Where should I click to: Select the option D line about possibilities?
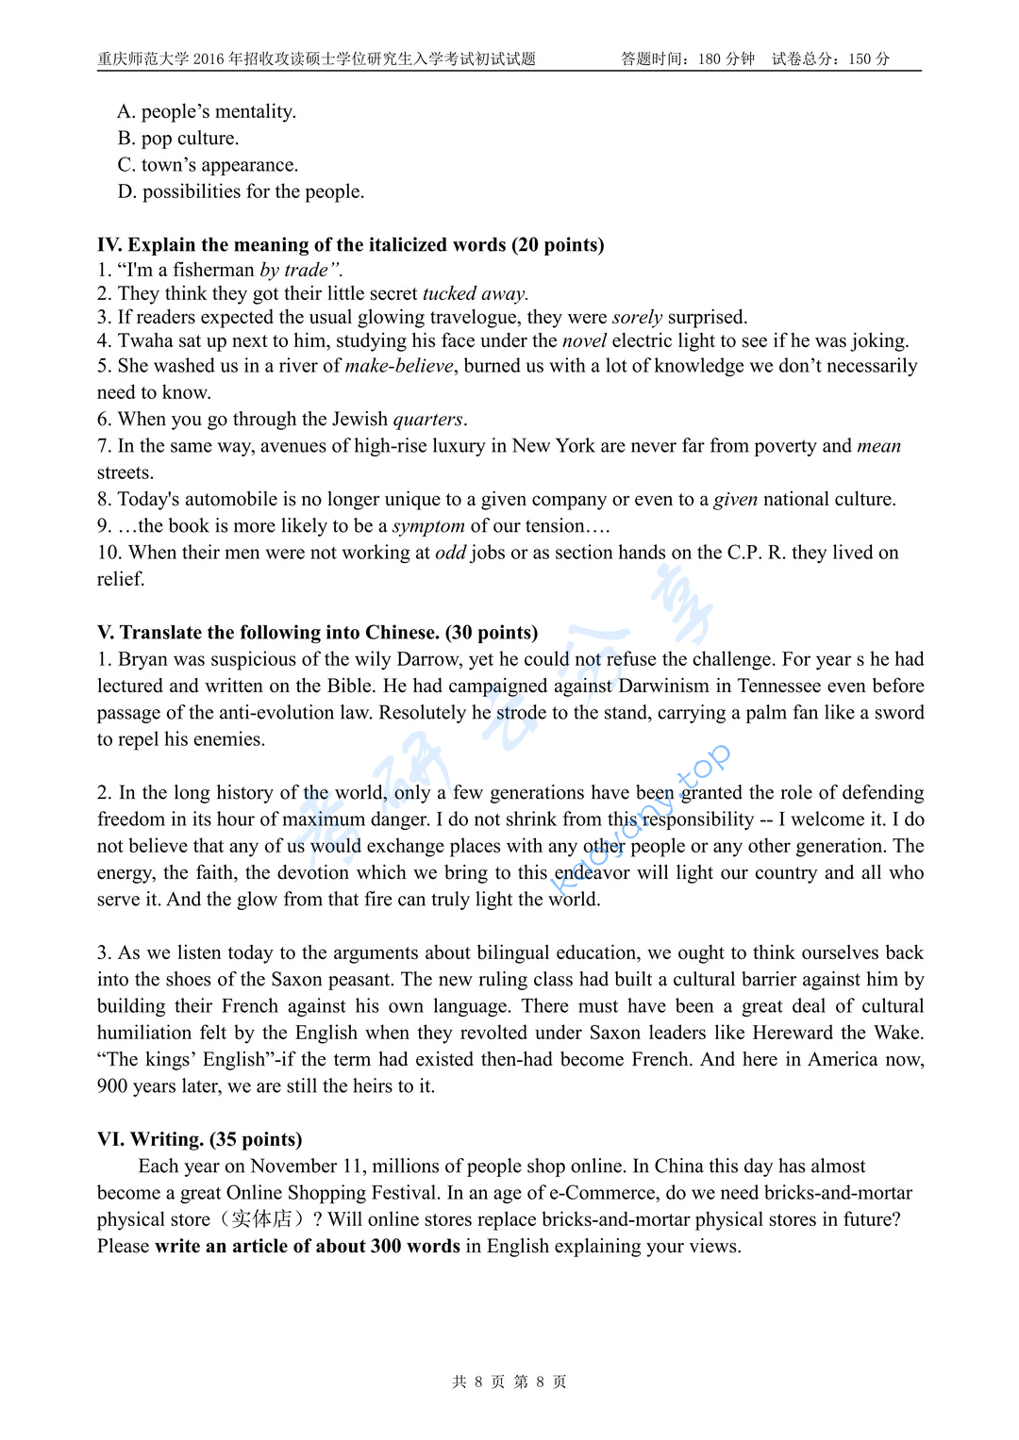241,191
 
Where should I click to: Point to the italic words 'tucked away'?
475,294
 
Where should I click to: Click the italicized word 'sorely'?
637,318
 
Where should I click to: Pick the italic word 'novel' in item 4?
584,341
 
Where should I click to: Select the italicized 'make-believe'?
399,366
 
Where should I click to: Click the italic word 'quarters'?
427,420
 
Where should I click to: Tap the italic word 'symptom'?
428,526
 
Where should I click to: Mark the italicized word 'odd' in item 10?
450,553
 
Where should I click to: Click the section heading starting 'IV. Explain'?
350,245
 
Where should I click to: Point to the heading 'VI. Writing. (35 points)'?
199,1139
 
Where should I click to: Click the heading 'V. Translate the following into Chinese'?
317,633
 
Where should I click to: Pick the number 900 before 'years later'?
112,1086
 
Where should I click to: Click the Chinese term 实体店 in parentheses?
261,1219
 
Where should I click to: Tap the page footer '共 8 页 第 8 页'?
509,1382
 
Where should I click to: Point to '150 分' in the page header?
869,59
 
